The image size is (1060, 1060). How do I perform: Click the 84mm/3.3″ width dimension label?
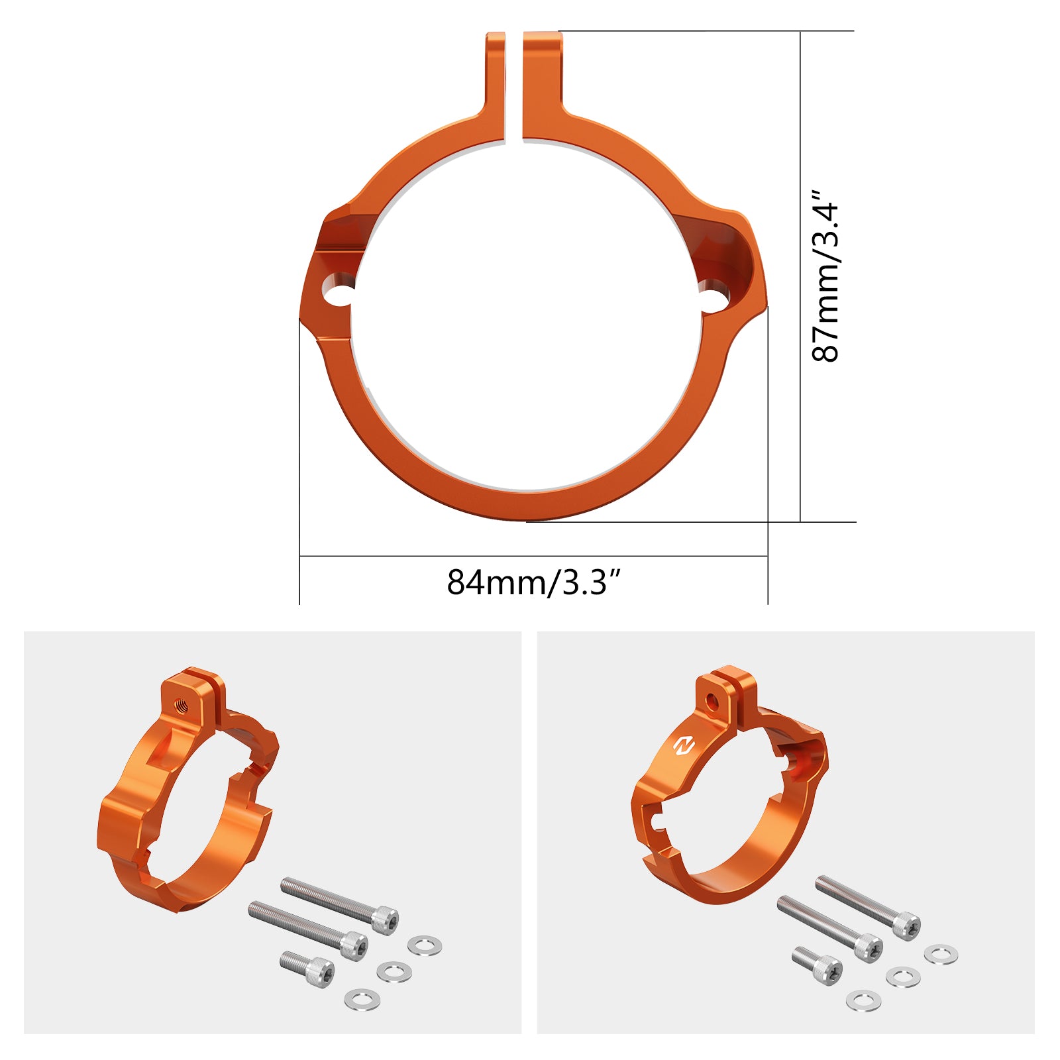click(x=534, y=582)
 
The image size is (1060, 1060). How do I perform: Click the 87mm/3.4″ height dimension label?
click(x=826, y=276)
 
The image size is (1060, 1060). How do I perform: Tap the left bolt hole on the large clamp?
click(x=337, y=291)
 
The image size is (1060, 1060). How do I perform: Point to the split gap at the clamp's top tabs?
click(x=514, y=86)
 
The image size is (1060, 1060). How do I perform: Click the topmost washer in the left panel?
click(x=425, y=945)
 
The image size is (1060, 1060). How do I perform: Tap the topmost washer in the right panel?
click(x=941, y=955)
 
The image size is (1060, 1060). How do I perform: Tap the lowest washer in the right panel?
click(x=863, y=1000)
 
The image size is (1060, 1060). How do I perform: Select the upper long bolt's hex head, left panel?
click(x=385, y=920)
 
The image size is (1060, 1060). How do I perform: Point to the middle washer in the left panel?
click(x=394, y=972)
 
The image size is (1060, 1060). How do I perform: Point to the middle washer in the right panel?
click(x=902, y=977)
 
